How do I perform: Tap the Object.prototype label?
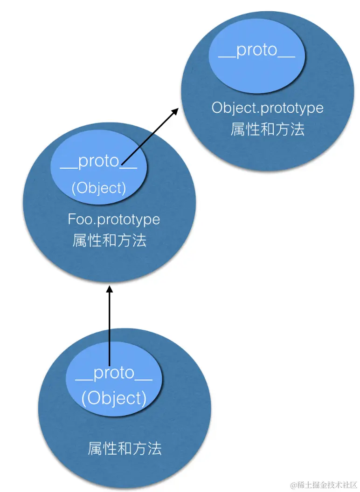tap(267, 108)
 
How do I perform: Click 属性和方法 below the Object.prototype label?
tap(267, 129)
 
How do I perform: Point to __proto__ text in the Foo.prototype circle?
tap(98, 161)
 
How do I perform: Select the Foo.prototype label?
tap(114, 219)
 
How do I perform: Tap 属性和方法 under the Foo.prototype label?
tap(110, 240)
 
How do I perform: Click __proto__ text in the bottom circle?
tap(114, 373)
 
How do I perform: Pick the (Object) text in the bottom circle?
tap(114, 398)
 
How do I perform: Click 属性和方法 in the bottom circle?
tap(125, 449)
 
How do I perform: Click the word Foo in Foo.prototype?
tap(77, 219)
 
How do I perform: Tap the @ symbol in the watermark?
tap(294, 485)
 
